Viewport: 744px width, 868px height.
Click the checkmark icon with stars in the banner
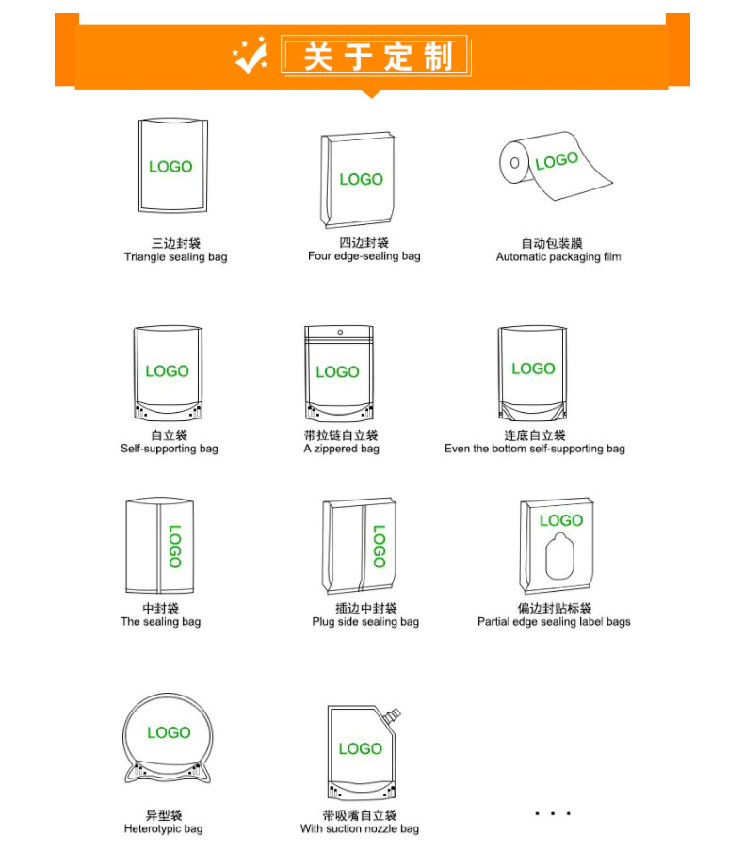[250, 56]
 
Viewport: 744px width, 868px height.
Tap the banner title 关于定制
[379, 57]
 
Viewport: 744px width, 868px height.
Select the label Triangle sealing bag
[176, 257]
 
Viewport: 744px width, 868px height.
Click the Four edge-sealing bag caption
[364, 255]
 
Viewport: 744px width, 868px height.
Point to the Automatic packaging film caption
[558, 257]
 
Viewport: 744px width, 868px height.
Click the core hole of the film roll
[514, 163]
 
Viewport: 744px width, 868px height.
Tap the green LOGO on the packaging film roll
[557, 160]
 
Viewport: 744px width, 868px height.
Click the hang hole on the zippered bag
[340, 332]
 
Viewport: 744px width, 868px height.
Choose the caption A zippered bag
[341, 449]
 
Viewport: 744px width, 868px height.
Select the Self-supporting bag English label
[170, 449]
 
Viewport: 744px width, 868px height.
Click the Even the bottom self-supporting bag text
[534, 449]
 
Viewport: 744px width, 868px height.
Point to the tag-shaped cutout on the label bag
[559, 556]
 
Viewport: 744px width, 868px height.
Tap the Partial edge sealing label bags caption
[554, 622]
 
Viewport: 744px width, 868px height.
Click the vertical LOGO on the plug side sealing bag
[379, 547]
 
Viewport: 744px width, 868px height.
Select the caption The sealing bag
[160, 622]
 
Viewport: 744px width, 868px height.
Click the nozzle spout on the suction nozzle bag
[392, 715]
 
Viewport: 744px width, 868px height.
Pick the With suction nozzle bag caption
[360, 828]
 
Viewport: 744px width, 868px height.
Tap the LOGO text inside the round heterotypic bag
[169, 732]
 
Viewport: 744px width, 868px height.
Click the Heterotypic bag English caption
[163, 828]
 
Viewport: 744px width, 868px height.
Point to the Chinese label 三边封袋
[176, 243]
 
